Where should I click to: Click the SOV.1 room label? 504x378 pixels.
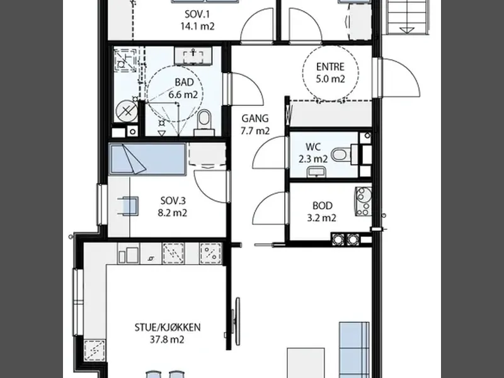(197, 14)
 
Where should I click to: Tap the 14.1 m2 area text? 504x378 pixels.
(197, 26)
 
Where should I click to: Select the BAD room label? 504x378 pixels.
(185, 83)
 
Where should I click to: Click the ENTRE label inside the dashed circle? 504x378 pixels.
(330, 67)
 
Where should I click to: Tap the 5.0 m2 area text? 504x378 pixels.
(330, 79)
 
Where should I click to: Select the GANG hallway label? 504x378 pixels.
(255, 118)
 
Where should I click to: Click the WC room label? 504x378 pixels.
(313, 147)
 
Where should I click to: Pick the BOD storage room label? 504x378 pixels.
(323, 205)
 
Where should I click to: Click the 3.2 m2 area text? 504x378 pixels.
(322, 218)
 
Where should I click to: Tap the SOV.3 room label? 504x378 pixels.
(173, 200)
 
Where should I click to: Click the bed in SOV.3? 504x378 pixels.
(147, 159)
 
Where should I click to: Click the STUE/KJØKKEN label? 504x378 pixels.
(168, 327)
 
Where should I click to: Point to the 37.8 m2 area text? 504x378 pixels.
(167, 340)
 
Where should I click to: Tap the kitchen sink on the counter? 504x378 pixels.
(129, 254)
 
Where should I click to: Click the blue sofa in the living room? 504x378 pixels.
(354, 350)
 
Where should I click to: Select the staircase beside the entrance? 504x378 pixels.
(408, 17)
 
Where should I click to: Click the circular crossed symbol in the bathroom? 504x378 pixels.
(127, 112)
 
